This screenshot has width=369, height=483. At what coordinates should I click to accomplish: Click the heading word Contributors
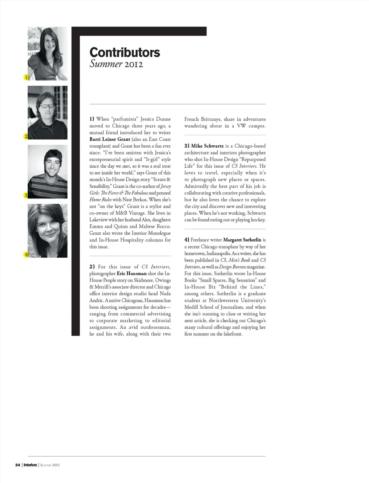[125, 52]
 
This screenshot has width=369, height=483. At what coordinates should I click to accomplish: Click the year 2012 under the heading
[133, 64]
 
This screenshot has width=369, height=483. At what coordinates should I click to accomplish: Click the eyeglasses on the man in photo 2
[47, 106]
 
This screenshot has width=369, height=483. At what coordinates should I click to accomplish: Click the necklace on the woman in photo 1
[50, 60]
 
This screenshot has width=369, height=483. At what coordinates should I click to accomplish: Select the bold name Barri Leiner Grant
[110, 139]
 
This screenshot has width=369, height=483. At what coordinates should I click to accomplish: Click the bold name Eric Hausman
[131, 273]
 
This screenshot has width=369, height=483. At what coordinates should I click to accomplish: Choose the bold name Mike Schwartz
[207, 146]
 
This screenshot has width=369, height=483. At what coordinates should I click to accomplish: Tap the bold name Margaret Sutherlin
[242, 240]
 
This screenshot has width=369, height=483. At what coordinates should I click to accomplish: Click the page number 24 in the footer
[18, 465]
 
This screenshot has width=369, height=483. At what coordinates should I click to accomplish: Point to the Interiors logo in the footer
[30, 465]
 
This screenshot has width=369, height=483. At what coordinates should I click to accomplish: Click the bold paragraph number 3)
[187, 146]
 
